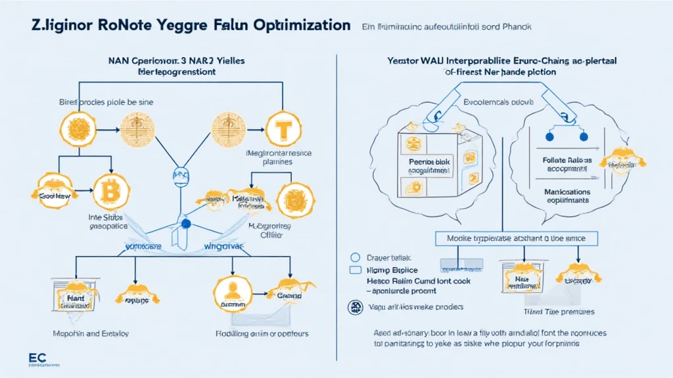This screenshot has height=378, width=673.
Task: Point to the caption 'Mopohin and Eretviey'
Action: coord(90,333)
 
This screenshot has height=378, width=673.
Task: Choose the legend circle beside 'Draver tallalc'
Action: coord(356,259)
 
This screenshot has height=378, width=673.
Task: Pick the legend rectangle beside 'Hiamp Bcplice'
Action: coord(356,270)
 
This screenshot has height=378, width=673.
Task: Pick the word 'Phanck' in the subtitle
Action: coord(515,27)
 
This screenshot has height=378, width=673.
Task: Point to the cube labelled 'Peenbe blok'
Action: coord(426,164)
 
